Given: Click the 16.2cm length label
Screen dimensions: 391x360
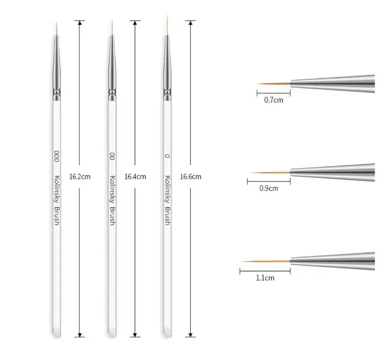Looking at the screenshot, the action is click(80, 177).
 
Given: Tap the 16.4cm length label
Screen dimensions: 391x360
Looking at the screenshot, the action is click(135, 177).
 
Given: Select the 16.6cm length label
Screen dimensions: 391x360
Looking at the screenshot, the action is click(190, 177).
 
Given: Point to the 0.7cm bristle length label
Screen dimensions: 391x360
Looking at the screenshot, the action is click(274, 100).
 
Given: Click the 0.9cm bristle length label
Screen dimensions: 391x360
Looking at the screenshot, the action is click(269, 189).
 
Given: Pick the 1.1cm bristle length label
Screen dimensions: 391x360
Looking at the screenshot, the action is click(265, 278).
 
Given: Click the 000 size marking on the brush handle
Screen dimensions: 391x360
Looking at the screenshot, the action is click(57, 156).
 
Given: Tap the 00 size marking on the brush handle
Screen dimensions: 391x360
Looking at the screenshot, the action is click(112, 156).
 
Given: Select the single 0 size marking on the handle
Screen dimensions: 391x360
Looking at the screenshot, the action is click(167, 156).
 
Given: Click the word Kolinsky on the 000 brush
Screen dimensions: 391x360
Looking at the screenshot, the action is click(57, 189).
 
